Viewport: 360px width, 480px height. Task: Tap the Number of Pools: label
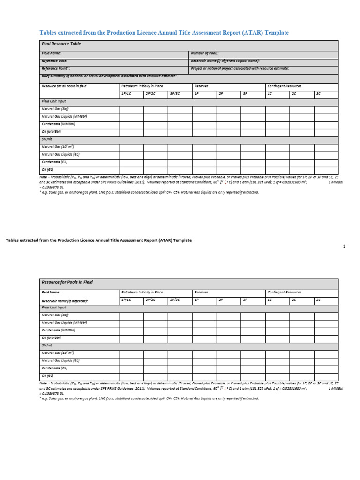click(x=205, y=54)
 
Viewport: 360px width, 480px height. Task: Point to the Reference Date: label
click(x=54, y=61)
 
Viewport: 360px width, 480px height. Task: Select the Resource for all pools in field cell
click(x=64, y=86)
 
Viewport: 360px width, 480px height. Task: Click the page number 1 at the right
click(x=344, y=246)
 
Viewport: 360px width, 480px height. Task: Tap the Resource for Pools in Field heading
click(x=67, y=283)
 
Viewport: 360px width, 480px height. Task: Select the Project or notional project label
click(x=240, y=68)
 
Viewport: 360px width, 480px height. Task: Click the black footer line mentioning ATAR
click(x=98, y=240)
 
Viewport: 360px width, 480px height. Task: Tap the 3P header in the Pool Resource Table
click(x=245, y=94)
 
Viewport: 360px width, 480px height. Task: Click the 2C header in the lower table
click(x=294, y=300)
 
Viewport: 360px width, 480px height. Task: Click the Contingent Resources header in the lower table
click(x=284, y=292)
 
